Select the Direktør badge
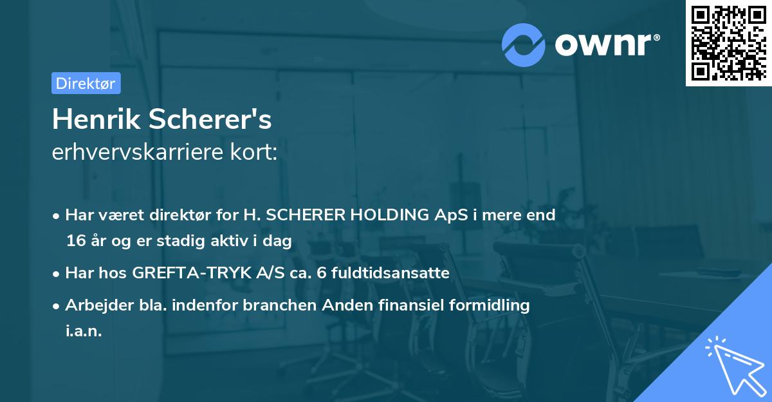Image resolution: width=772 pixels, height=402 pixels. tap(86, 83)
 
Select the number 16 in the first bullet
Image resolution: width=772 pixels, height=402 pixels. tap(75, 242)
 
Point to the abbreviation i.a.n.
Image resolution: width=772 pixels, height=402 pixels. tap(84, 332)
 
